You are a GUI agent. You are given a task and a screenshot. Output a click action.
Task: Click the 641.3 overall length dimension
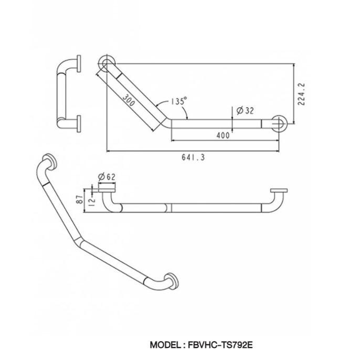[x=193, y=157]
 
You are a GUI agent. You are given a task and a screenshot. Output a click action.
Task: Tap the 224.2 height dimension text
[x=301, y=94]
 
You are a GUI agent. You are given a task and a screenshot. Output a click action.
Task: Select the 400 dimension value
[x=223, y=135]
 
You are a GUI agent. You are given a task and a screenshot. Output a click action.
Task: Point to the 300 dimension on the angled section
[x=129, y=100]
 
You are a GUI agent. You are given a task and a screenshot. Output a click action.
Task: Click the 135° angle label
[x=179, y=101]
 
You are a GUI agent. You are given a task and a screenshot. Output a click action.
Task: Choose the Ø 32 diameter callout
[x=245, y=111]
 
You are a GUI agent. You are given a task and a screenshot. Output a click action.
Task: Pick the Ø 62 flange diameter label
[x=107, y=177]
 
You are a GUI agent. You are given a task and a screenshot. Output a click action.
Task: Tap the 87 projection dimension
[x=79, y=199]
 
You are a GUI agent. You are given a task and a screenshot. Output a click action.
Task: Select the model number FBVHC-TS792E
[x=220, y=345]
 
